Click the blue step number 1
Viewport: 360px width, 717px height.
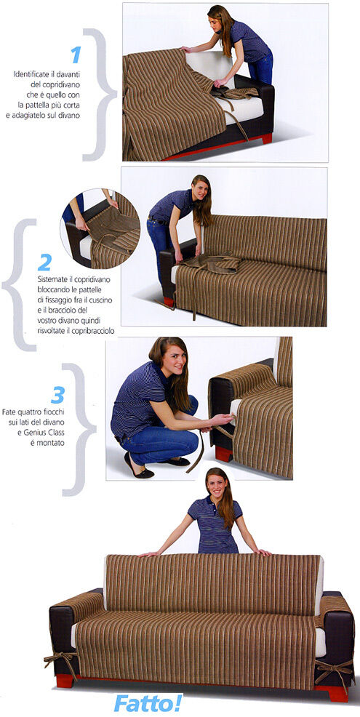click(76, 55)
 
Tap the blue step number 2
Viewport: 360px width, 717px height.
click(44, 262)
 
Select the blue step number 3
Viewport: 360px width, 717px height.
click(57, 395)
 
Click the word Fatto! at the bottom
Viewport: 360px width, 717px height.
click(148, 702)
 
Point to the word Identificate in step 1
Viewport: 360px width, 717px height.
click(31, 73)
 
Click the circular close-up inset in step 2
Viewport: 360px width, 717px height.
click(100, 228)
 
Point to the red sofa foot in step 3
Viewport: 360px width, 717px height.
click(224, 454)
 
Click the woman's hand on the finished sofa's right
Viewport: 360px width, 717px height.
click(262, 552)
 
